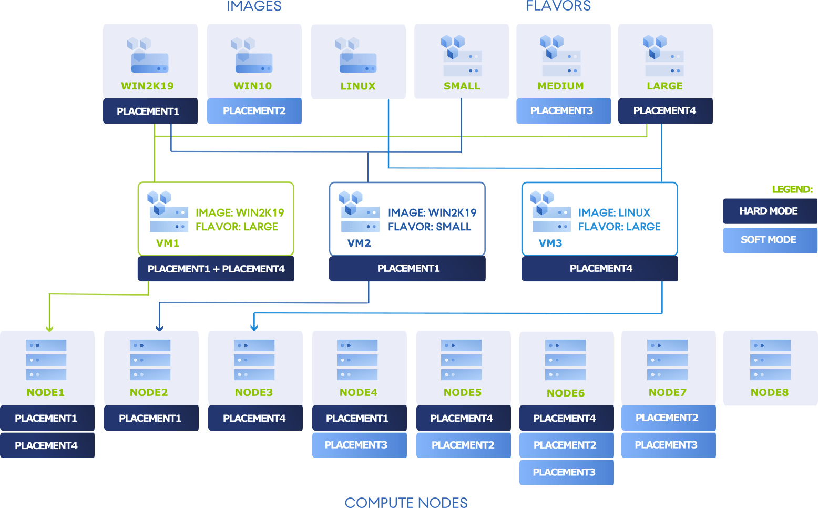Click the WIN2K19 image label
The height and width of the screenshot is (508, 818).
point(147,86)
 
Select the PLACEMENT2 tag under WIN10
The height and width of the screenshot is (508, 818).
point(254,111)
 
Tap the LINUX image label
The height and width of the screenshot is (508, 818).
point(358,86)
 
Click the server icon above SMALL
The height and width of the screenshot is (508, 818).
point(462,56)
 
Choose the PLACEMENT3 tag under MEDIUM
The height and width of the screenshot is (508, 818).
point(561,111)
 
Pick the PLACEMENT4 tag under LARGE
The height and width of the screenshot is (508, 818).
point(664,111)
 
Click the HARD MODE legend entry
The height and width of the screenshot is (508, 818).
point(769,211)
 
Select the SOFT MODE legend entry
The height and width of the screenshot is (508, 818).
point(769,240)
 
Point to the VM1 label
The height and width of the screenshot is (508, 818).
point(168,243)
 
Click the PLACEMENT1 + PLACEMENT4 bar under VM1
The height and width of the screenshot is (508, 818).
point(216,269)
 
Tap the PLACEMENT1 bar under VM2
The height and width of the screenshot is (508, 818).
point(408,269)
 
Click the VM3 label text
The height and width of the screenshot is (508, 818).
point(550,243)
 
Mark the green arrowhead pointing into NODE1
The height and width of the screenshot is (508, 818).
point(49,328)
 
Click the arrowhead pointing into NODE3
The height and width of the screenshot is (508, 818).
point(254,328)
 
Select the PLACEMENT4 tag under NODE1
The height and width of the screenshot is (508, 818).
point(46,445)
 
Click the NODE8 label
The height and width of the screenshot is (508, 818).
point(770,392)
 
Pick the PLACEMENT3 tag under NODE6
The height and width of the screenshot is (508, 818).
point(564,472)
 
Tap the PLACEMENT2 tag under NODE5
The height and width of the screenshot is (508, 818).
point(463,445)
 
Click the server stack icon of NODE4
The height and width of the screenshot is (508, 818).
point(357,360)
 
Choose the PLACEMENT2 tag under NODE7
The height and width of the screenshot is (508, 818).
point(667,418)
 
